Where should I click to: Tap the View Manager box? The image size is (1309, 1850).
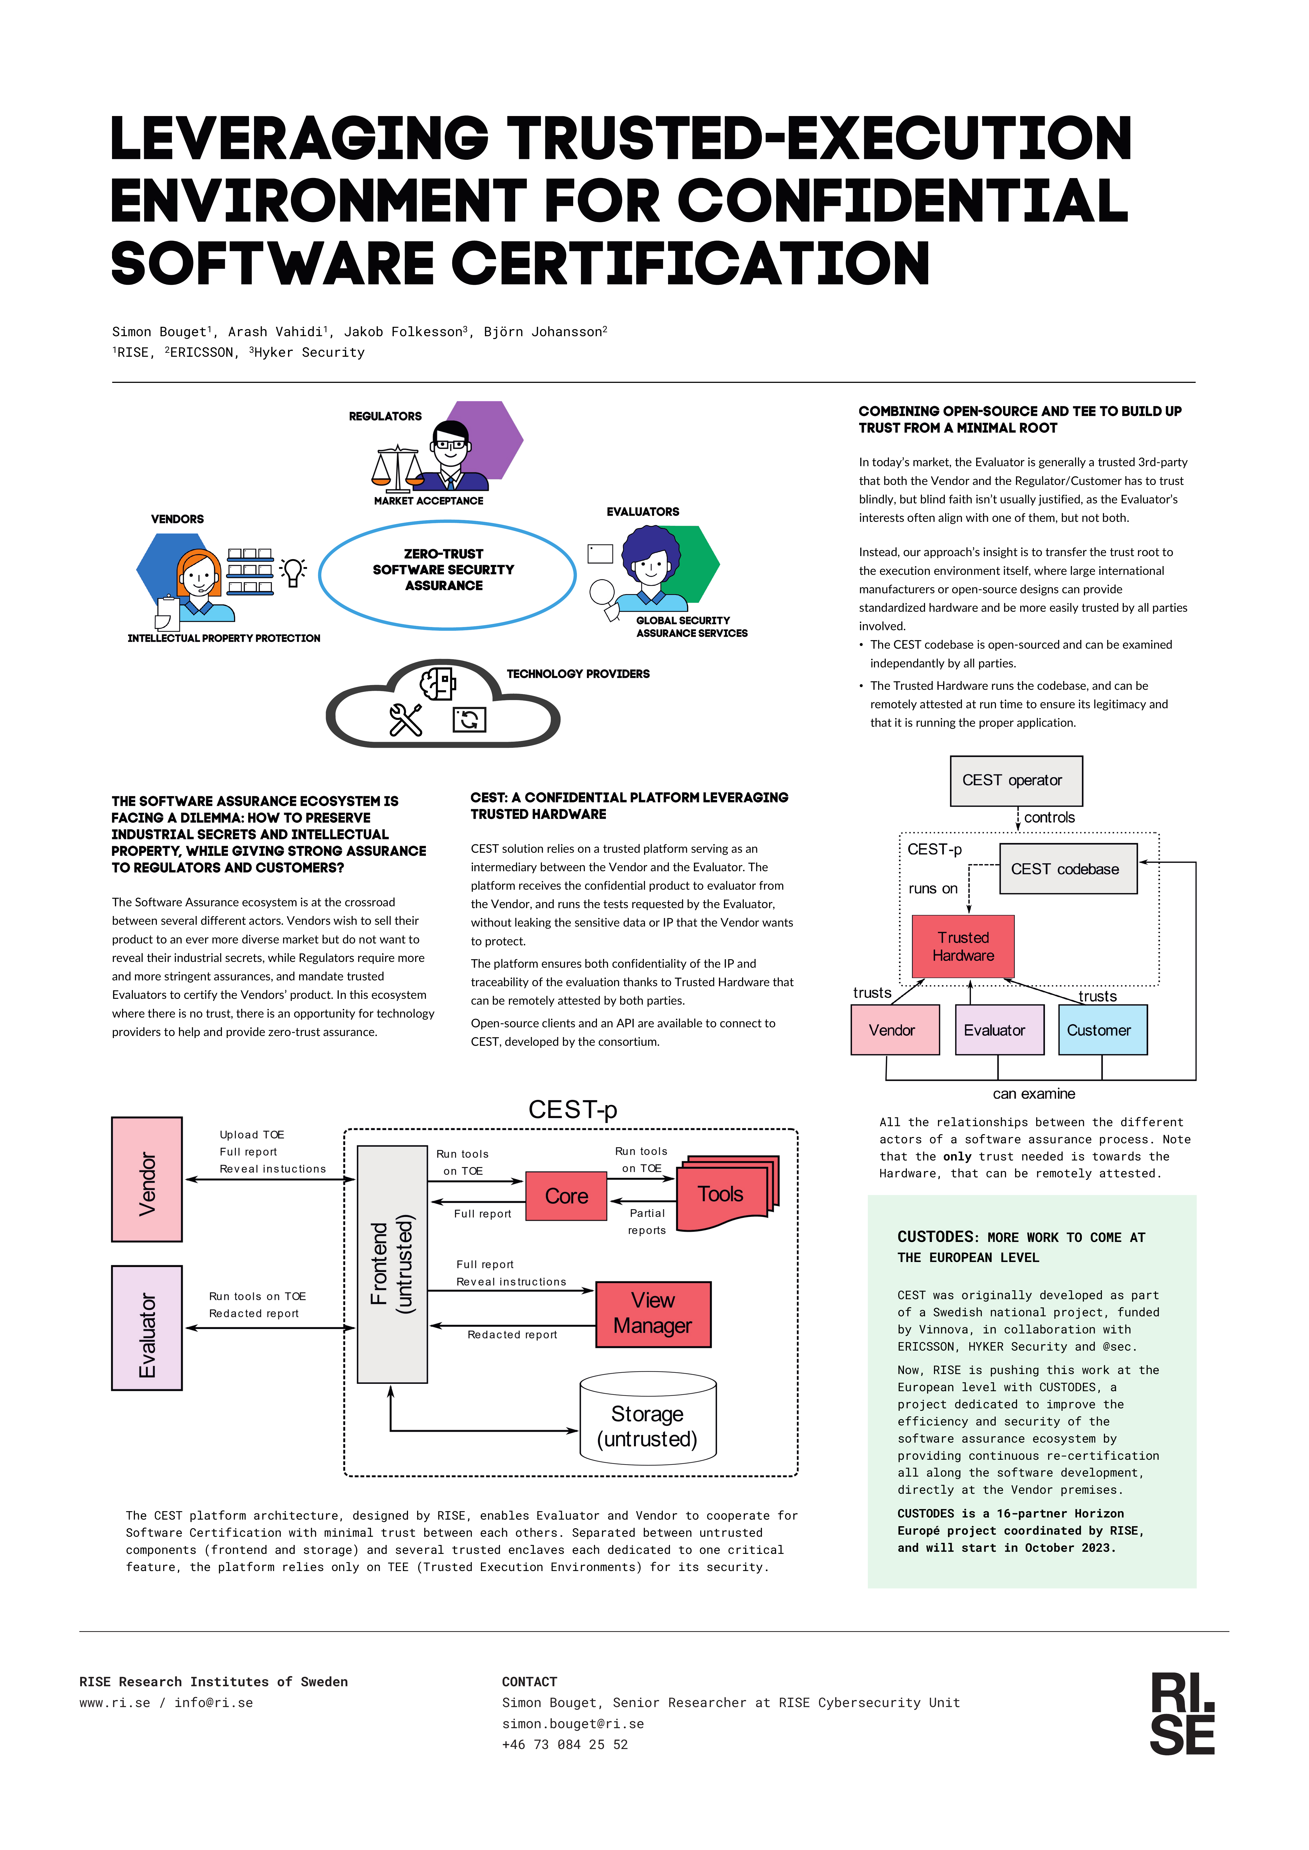653,1314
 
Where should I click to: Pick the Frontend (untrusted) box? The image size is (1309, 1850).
392,1264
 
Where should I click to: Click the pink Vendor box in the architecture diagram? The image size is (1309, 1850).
147,1179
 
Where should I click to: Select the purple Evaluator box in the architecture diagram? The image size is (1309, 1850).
147,1327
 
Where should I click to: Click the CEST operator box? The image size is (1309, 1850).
1016,781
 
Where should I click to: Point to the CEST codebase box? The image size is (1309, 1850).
1068,869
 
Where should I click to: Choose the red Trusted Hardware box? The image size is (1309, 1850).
962,946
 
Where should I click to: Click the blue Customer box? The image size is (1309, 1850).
1102,1030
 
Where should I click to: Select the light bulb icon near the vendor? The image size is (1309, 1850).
293,572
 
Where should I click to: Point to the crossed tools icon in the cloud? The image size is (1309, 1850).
405,719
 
